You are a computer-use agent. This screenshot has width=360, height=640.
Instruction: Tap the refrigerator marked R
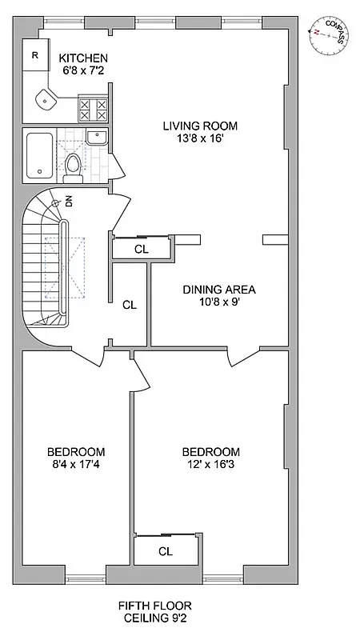pyautogui.click(x=35, y=55)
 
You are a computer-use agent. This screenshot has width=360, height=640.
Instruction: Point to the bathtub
pyautogui.click(x=39, y=155)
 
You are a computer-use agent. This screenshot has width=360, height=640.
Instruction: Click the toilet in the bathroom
pyautogui.click(x=73, y=164)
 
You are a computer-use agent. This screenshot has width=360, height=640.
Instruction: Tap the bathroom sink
pyautogui.click(x=96, y=136)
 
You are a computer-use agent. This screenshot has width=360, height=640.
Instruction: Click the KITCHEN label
pyautogui.click(x=83, y=58)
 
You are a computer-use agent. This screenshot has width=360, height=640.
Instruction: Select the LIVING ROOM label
pyautogui.click(x=200, y=126)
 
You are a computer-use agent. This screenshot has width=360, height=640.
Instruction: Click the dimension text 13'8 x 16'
pyautogui.click(x=200, y=138)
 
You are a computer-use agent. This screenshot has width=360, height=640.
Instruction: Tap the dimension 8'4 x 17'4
pyautogui.click(x=75, y=464)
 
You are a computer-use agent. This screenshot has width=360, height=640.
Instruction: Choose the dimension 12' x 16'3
pyautogui.click(x=211, y=464)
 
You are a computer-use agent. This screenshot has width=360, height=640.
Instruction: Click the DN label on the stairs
pyautogui.click(x=69, y=201)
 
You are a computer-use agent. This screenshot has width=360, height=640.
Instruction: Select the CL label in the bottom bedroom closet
pyautogui.click(x=166, y=550)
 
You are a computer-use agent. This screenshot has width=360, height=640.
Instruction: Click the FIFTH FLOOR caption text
pyautogui.click(x=157, y=606)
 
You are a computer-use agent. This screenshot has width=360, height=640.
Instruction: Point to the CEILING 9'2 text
pyautogui.click(x=157, y=618)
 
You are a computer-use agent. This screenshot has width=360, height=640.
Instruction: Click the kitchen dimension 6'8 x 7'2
pyautogui.click(x=83, y=71)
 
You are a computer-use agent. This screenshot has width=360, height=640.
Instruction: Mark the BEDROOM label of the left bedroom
pyautogui.click(x=75, y=451)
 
